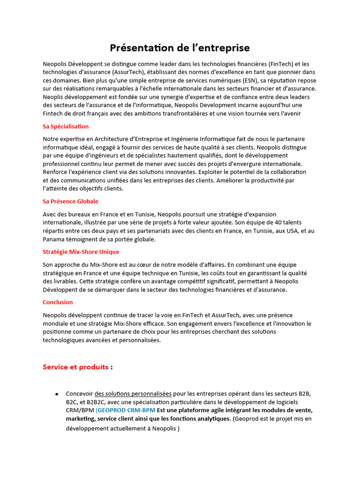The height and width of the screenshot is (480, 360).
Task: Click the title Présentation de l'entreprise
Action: coord(180,48)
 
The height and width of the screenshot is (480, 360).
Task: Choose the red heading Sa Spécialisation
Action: coord(66,127)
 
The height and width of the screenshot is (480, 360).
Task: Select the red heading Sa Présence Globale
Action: coord(70,201)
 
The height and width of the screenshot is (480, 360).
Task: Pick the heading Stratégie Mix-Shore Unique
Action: coord(81,252)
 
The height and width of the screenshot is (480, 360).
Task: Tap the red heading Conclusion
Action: coord(58,302)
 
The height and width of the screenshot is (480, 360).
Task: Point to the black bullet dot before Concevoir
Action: coord(57,394)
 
